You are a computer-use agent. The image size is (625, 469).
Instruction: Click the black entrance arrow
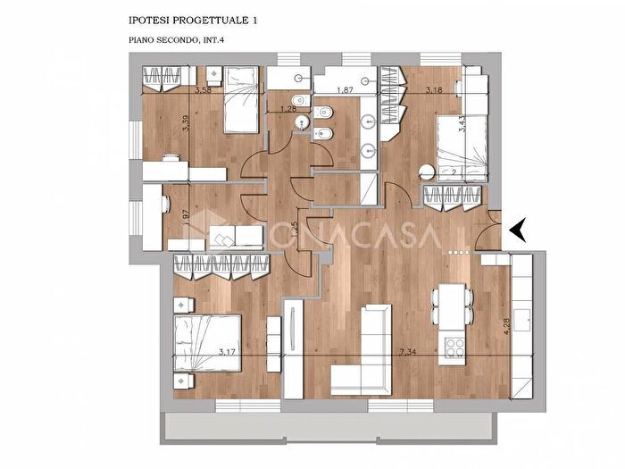[519, 231]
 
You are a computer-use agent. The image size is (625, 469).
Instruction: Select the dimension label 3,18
[436, 90]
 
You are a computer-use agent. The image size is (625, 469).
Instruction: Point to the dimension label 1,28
[288, 109]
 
